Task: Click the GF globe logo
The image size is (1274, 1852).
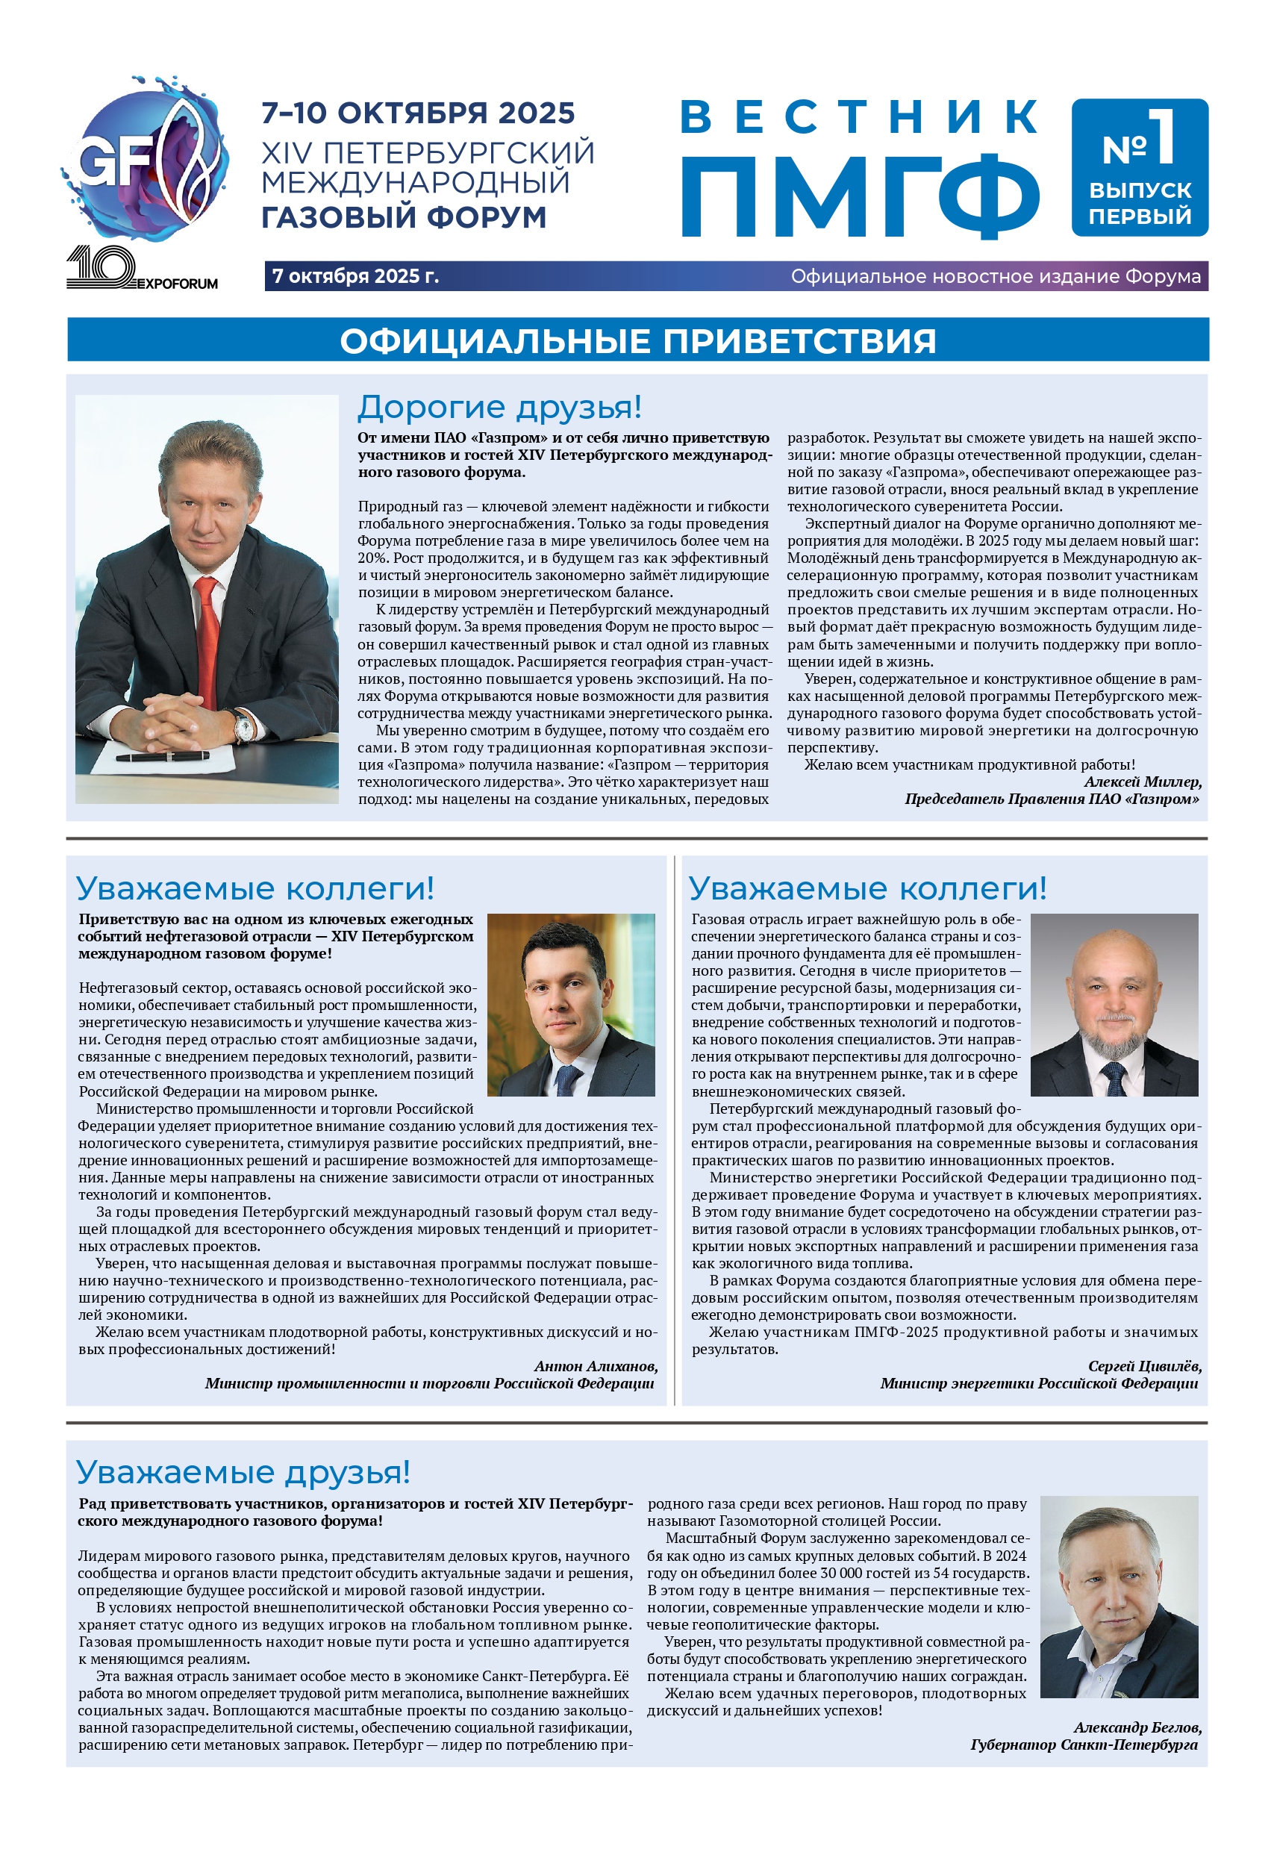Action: [146, 158]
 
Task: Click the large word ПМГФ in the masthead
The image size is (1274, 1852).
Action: [859, 196]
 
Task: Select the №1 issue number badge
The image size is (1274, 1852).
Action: [1139, 167]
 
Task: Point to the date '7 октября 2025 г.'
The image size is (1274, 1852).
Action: [355, 276]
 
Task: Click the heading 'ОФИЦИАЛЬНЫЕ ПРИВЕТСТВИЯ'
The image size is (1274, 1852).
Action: [637, 341]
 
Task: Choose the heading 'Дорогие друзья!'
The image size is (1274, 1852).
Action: [499, 407]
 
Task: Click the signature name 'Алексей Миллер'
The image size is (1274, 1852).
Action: [1143, 782]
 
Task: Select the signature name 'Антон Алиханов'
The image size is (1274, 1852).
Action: [596, 1366]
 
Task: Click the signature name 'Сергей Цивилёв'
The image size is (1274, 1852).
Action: [1145, 1366]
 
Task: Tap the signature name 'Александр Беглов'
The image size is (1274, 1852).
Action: [1137, 1727]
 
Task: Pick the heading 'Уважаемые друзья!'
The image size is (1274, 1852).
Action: [243, 1472]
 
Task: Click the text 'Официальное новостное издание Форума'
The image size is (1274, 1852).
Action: [996, 276]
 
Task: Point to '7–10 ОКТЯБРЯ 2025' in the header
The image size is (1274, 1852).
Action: [418, 113]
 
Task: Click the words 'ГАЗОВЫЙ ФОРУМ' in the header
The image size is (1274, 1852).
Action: [404, 217]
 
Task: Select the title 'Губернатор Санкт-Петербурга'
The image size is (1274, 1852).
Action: [1084, 1745]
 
